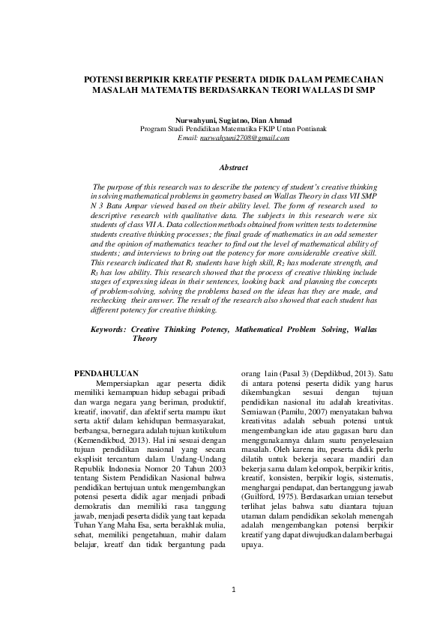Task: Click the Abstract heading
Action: click(x=223, y=168)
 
